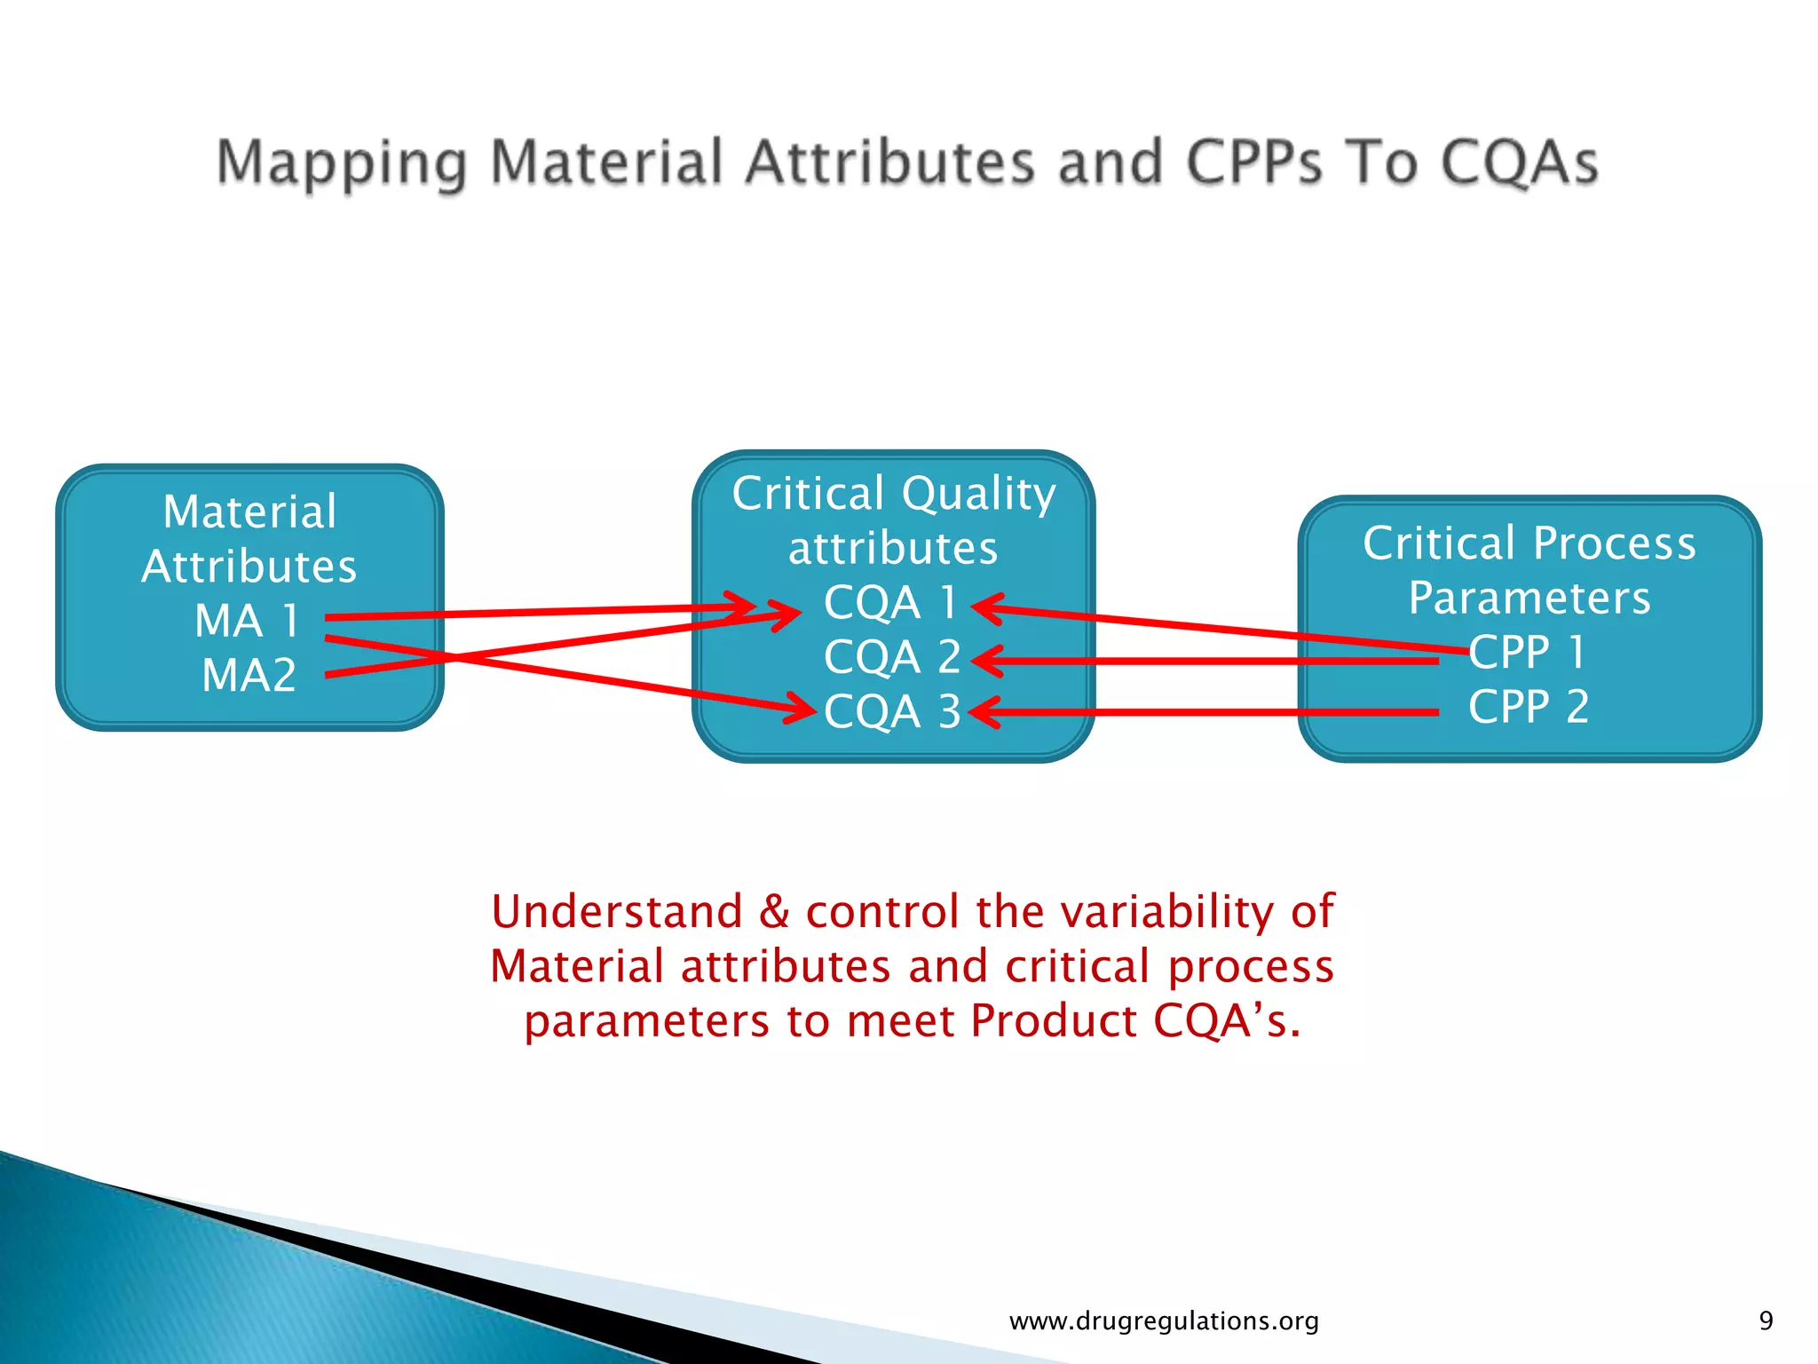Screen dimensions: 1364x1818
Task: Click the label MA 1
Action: pos(247,621)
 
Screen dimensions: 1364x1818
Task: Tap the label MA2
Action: pos(249,676)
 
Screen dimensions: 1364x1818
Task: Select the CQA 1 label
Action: pos(890,603)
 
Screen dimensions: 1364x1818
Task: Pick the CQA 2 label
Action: pos(892,658)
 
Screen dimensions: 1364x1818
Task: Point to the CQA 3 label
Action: pos(892,712)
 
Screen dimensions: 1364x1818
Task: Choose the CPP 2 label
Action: pos(1528,708)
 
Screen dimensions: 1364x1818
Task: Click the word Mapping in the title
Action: pos(342,164)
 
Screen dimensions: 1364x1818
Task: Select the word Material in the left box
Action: pos(249,512)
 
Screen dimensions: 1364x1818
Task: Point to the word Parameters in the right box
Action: pos(1529,598)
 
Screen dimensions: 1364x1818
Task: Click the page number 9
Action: pos(1766,1320)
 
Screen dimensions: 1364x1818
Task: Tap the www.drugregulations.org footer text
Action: pos(1164,1321)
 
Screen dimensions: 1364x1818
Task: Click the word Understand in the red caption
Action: pos(617,912)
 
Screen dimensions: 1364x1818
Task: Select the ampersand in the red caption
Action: pos(774,912)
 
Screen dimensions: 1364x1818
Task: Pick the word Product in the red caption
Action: pos(1054,1020)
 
